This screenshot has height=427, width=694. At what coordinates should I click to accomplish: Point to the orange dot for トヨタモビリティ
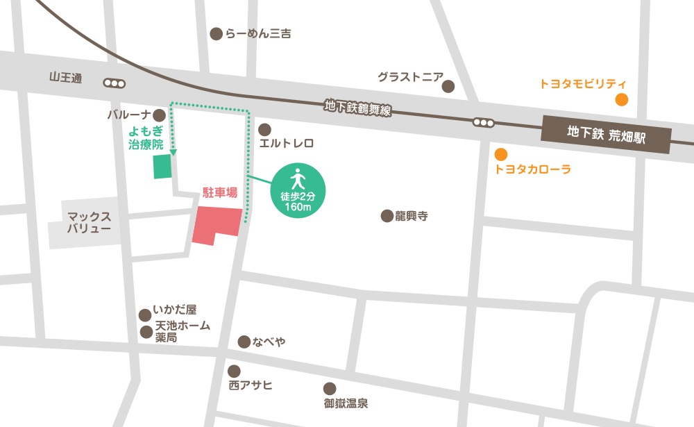click(622, 99)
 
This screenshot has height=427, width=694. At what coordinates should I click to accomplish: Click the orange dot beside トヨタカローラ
click(500, 154)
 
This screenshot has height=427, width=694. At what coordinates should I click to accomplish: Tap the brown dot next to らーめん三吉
click(216, 33)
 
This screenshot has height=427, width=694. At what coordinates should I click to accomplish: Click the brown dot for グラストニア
click(448, 87)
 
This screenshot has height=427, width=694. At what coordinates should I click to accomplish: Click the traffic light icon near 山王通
click(114, 83)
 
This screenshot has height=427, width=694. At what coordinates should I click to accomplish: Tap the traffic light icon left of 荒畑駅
click(484, 123)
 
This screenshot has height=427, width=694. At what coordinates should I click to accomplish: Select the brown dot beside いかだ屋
click(145, 315)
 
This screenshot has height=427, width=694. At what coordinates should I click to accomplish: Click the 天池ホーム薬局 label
click(182, 331)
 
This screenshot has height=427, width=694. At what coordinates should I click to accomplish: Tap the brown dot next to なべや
click(244, 342)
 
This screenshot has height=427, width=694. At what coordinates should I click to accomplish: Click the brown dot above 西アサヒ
click(235, 371)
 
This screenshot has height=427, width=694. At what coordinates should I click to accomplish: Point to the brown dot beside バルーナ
click(160, 115)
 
